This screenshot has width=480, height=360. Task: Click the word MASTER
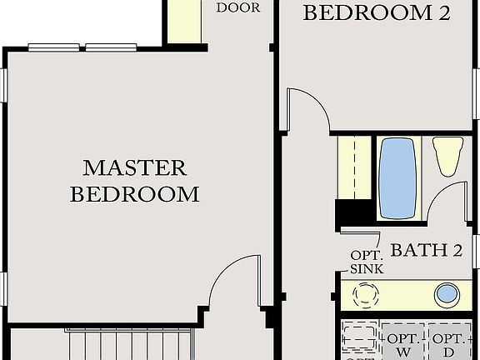(x=135, y=167)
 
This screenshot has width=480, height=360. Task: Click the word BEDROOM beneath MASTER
(x=135, y=195)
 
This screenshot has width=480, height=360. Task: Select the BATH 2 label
(x=426, y=249)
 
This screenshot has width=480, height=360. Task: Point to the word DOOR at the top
(x=237, y=7)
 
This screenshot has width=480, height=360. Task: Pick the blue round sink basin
(x=447, y=293)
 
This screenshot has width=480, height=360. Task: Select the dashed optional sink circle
(x=366, y=295)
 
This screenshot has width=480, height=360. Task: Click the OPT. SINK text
(x=366, y=261)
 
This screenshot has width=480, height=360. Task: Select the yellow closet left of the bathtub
(x=354, y=167)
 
